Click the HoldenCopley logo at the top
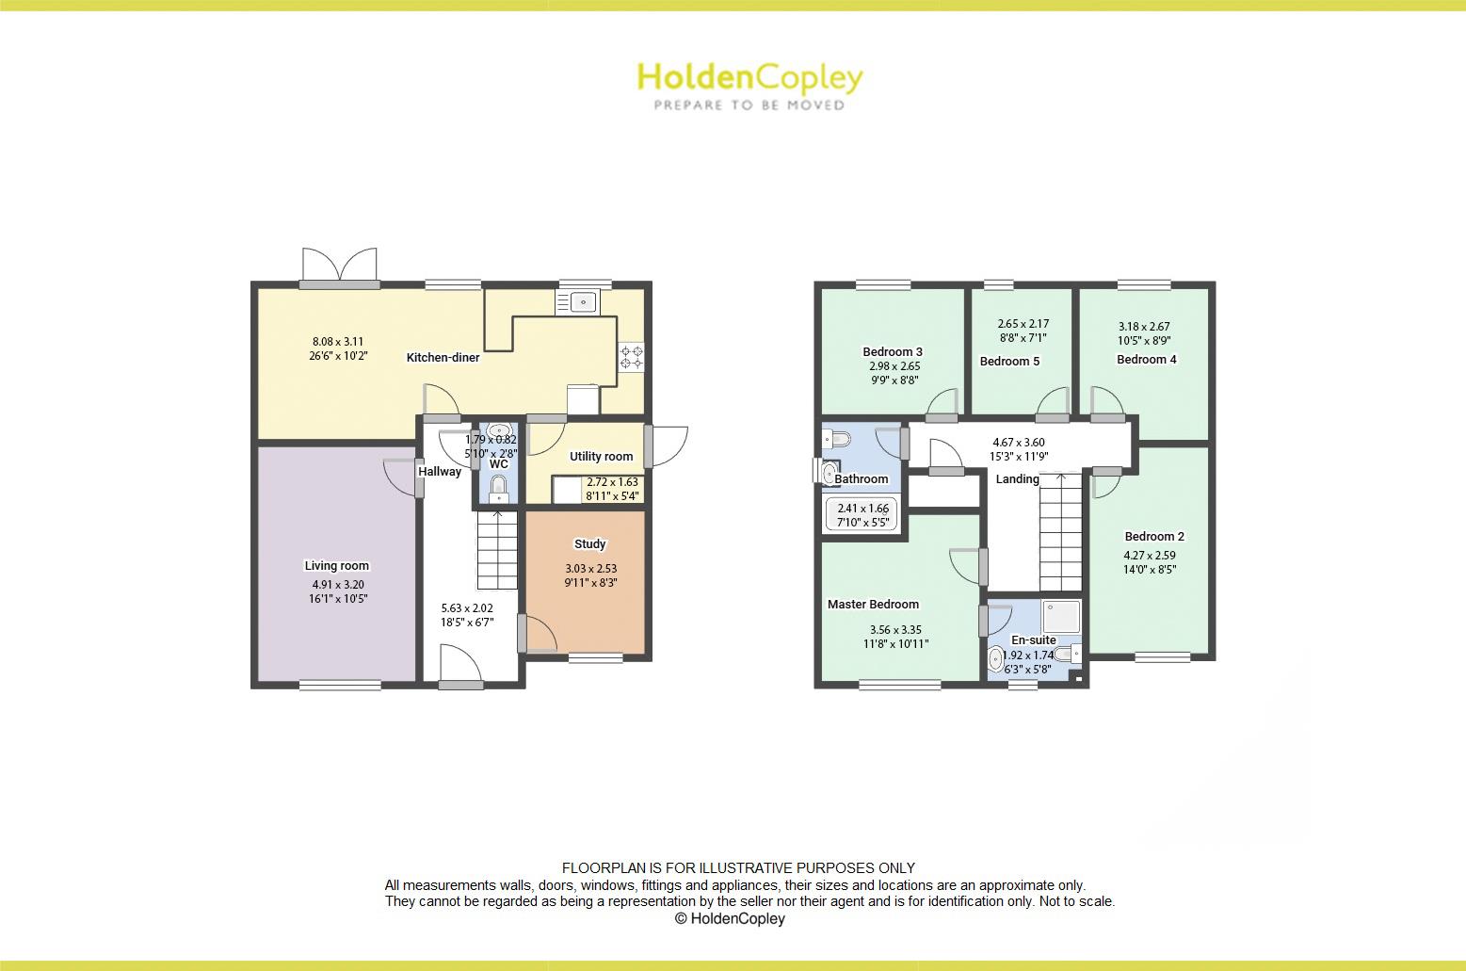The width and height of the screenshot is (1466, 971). click(749, 85)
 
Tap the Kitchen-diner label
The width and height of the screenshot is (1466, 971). click(443, 358)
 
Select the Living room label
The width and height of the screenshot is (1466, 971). click(336, 566)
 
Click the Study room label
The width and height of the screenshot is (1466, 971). click(590, 544)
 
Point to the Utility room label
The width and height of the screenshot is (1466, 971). click(601, 457)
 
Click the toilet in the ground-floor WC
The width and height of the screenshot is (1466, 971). click(499, 489)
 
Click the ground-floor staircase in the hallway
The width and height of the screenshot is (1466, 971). click(496, 550)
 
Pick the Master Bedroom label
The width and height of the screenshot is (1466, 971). click(873, 605)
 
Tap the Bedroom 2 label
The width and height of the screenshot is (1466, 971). click(1154, 537)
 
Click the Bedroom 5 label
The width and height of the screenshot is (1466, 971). click(1009, 362)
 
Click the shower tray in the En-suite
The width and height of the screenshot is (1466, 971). click(1061, 618)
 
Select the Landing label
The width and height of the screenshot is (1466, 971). click(1017, 479)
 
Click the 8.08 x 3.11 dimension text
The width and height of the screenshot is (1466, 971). click(338, 342)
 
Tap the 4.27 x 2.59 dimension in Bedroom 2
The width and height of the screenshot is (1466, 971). click(1149, 556)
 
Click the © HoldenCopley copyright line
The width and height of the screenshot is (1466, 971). click(730, 918)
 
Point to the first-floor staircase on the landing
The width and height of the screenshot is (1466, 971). click(1060, 532)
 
